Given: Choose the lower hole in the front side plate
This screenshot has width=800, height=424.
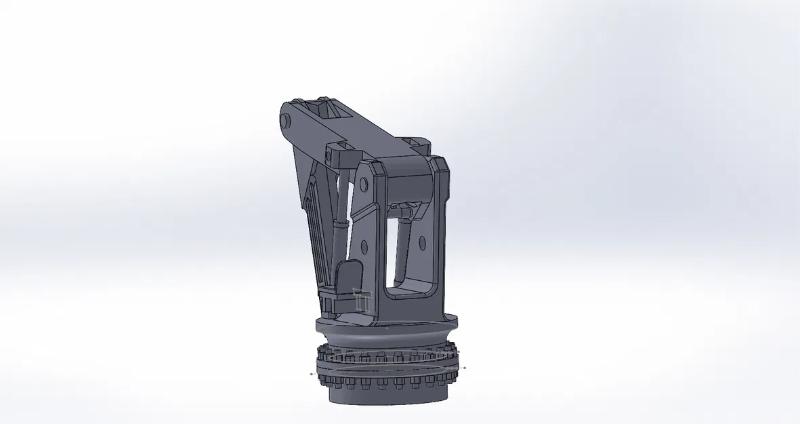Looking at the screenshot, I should click(364, 245).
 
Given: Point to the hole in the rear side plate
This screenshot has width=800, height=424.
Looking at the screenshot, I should click(422, 242).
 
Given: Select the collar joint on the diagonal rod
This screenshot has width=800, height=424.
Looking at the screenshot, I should click(339, 223).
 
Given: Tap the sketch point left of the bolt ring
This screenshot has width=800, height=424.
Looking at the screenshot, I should click(312, 373).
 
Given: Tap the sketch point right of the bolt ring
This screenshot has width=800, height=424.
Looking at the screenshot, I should click(465, 368).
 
